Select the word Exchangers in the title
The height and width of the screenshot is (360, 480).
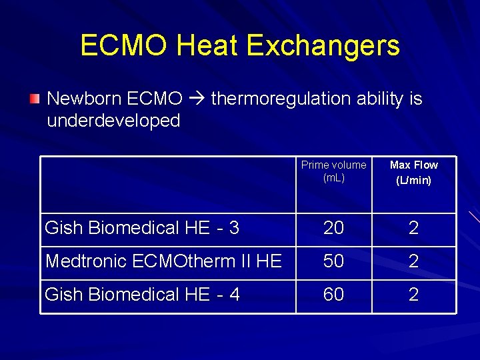[x=323, y=45]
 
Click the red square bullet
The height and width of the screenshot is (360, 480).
[x=34, y=99]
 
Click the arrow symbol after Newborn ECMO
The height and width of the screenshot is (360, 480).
[x=197, y=99]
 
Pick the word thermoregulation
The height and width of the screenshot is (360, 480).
[x=281, y=99]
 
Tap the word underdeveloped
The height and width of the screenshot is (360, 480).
[x=113, y=121]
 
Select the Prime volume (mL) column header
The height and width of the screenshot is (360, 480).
[x=333, y=171]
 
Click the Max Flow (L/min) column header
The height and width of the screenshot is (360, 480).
[x=413, y=172]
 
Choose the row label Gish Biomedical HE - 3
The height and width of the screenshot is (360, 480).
[x=142, y=228]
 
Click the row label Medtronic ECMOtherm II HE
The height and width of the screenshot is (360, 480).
[x=163, y=261]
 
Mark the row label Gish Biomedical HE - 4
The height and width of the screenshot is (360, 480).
[x=142, y=294]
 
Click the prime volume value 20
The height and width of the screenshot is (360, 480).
[x=333, y=228]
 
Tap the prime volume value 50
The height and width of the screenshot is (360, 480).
[x=333, y=261]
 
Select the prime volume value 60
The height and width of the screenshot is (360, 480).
[x=333, y=294]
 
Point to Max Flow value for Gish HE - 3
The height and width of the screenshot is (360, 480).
[x=413, y=228]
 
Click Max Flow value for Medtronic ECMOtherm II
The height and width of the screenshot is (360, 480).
[x=413, y=261]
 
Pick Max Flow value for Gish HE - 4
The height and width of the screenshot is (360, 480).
[x=413, y=294]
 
